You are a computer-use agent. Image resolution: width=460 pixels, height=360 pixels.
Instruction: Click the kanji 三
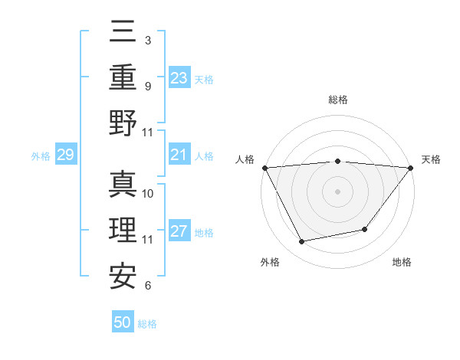(x=123, y=31)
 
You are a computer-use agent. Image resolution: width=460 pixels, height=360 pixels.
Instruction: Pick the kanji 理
(x=123, y=231)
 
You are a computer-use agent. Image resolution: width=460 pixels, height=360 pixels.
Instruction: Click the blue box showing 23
(x=179, y=77)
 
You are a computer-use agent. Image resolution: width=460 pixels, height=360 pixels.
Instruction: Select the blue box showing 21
(x=179, y=155)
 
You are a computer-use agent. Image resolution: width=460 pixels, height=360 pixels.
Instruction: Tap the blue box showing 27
(x=179, y=232)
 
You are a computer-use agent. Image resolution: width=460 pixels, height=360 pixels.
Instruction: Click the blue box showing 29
(x=65, y=155)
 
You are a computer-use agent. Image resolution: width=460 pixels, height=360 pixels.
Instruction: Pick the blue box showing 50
(x=123, y=322)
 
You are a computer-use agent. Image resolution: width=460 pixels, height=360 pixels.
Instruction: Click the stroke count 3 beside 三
(x=147, y=38)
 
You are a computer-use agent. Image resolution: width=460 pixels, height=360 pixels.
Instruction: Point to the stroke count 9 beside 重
(x=147, y=85)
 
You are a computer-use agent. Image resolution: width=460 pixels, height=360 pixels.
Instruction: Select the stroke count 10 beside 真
(x=149, y=193)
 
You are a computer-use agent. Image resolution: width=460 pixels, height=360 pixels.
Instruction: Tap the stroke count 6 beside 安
(x=147, y=286)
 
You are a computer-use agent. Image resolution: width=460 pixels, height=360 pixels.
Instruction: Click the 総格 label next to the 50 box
(x=147, y=324)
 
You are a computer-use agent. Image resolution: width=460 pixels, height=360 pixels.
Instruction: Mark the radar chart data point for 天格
(x=410, y=168)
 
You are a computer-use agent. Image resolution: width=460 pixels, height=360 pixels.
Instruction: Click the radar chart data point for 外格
(x=301, y=242)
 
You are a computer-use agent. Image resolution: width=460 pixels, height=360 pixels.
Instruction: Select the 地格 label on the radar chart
(x=402, y=263)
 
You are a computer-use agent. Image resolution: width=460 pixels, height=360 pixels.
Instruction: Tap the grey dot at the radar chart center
(x=337, y=191)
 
